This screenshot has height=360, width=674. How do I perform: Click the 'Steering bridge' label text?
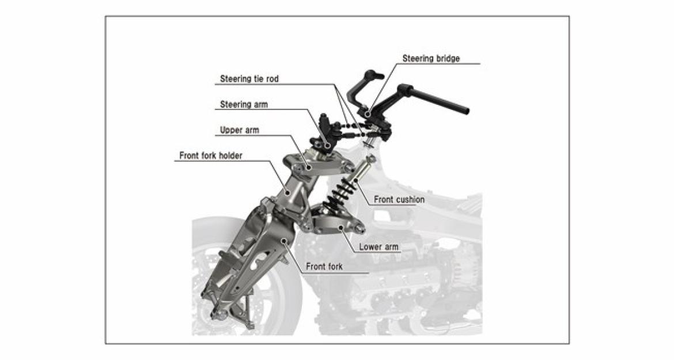click(x=431, y=58)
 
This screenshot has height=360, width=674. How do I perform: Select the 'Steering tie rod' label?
click(x=249, y=79)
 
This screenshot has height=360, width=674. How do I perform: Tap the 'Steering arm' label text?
click(x=244, y=105)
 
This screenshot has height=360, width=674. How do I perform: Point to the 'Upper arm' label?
click(x=240, y=130)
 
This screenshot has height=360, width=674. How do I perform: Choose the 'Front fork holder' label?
click(x=210, y=156)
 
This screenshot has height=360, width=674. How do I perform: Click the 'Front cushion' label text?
click(x=399, y=200)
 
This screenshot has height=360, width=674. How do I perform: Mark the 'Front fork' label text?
click(x=324, y=267)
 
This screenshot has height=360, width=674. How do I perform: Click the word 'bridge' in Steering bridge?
click(x=448, y=58)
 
